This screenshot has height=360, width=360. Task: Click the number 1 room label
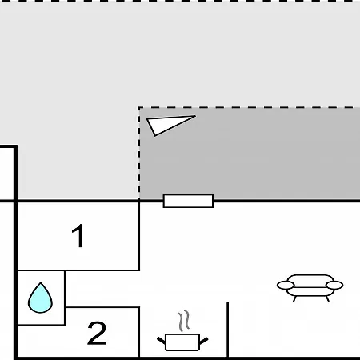[78, 236]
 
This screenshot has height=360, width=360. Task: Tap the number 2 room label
[97, 333]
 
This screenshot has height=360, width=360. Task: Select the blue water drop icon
[40, 298]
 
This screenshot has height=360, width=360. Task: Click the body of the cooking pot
[182, 342]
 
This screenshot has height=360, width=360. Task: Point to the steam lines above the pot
[184, 321]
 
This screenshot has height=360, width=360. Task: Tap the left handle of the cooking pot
[161, 341]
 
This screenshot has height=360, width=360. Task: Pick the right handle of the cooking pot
[204, 341]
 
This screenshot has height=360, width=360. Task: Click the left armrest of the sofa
[286, 285]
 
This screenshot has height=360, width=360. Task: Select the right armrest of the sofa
[334, 285]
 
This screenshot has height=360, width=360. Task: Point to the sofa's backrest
[310, 279]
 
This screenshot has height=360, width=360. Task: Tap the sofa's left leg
[294, 298]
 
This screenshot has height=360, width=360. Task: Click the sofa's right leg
[328, 298]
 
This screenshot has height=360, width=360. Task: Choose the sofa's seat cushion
[310, 292]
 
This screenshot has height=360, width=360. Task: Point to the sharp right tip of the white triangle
[196, 116]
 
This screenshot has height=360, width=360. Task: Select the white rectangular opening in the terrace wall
[188, 201]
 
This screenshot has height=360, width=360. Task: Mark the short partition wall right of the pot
[227, 330]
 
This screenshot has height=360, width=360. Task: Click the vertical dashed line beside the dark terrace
[139, 154]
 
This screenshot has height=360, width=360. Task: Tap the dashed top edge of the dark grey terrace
[250, 107]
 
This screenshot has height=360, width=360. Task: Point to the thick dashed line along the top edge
[180, 1]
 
